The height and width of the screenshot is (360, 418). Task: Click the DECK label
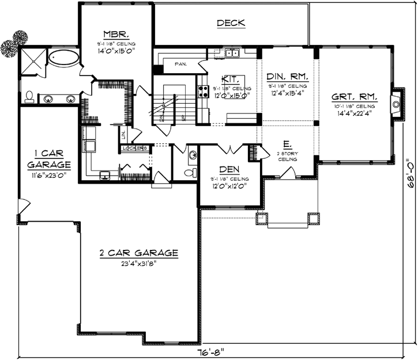[231, 23]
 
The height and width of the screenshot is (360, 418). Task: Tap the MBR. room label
[111, 33]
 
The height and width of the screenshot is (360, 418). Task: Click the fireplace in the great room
[396, 104]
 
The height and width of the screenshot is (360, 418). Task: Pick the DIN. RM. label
[287, 76]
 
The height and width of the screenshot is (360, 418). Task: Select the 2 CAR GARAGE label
[138, 252]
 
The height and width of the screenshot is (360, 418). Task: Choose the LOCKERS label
[135, 148]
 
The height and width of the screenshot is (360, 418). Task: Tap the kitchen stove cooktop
[203, 91]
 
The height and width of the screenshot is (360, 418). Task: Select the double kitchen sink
[233, 54]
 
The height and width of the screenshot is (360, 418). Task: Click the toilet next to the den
[187, 173]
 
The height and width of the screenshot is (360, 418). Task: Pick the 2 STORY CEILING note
[287, 156]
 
